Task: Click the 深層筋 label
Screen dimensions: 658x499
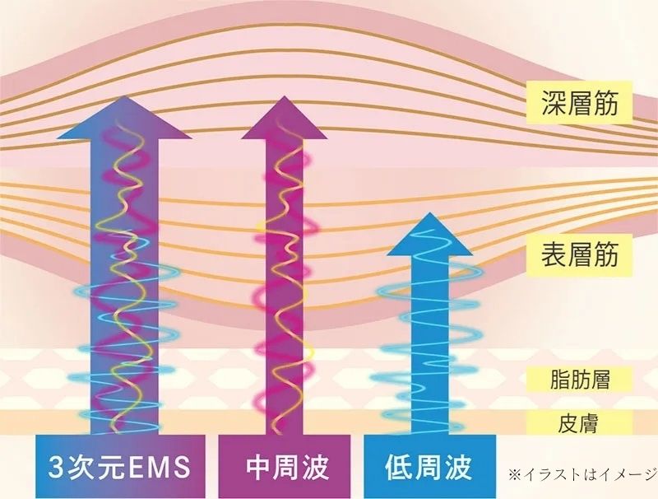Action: click(x=580, y=102)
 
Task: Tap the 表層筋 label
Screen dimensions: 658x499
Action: click(x=580, y=254)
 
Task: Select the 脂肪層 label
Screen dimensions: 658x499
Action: click(x=580, y=379)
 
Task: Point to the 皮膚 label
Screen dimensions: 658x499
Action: click(x=580, y=422)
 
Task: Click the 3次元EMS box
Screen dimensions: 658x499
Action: click(x=120, y=467)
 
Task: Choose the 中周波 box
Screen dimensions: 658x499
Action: click(x=284, y=467)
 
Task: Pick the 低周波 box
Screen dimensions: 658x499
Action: click(x=429, y=467)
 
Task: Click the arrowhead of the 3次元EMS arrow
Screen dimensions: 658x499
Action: click(x=124, y=118)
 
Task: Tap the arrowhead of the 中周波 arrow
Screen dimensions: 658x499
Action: click(x=285, y=118)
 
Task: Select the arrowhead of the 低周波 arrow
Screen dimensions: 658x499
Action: click(x=429, y=234)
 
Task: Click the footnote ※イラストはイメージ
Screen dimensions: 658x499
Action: click(x=583, y=474)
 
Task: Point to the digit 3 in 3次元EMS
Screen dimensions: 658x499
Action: click(x=56, y=467)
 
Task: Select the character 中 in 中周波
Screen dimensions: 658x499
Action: click(x=259, y=467)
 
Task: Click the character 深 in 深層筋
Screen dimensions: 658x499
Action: click(x=554, y=102)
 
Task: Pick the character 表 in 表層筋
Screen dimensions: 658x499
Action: click(x=554, y=254)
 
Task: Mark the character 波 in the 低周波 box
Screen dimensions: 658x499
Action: click(x=459, y=467)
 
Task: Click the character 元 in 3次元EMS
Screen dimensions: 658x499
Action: click(x=111, y=467)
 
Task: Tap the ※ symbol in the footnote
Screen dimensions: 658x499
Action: click(x=515, y=474)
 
